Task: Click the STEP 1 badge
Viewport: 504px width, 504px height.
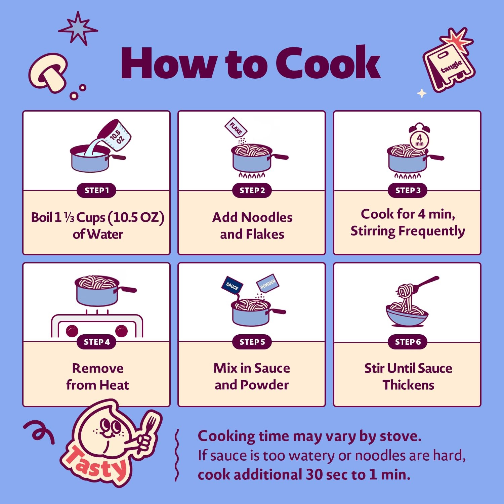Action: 97,191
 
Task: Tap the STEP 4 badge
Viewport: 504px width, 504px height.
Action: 97,342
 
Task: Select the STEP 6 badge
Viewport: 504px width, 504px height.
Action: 408,342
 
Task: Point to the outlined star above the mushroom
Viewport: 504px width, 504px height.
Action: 78,29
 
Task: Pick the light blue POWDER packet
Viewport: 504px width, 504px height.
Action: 268,283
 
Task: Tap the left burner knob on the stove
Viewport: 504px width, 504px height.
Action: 72,331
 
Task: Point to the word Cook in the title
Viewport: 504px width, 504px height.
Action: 328,63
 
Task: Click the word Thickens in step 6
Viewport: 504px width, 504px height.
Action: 408,385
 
